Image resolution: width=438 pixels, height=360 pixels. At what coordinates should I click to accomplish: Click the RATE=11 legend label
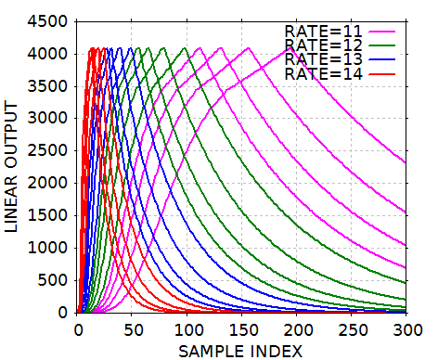point(325,31)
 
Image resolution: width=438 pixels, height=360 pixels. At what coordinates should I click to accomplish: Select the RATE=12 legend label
point(325,45)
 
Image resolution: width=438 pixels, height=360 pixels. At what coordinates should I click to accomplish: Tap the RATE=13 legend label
point(325,58)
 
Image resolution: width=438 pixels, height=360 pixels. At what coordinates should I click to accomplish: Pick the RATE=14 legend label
point(325,72)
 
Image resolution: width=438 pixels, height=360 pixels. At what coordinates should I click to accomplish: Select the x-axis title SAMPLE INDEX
point(242,350)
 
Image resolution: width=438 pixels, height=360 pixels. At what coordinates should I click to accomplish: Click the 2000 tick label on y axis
point(49,184)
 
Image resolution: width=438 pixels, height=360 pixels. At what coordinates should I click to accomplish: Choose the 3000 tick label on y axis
point(49,119)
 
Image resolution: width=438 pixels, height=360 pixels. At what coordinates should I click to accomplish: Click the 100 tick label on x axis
point(187,329)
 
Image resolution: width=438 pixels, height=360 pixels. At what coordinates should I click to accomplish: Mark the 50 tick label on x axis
point(133,329)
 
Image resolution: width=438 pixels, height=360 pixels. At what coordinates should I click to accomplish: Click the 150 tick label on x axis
point(242,329)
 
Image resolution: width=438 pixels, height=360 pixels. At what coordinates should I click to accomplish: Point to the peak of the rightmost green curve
point(186,48)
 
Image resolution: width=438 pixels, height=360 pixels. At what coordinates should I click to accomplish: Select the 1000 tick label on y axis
point(49,248)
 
